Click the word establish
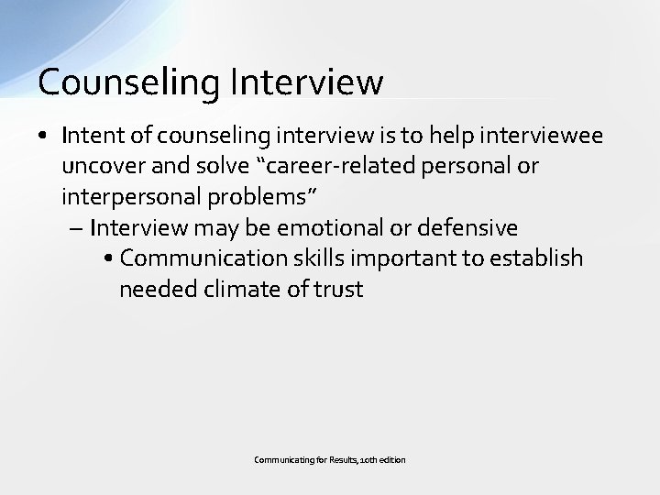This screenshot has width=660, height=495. pos(537,258)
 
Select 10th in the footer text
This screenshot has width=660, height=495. pos(364,457)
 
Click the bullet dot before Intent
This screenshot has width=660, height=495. pos(44,137)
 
